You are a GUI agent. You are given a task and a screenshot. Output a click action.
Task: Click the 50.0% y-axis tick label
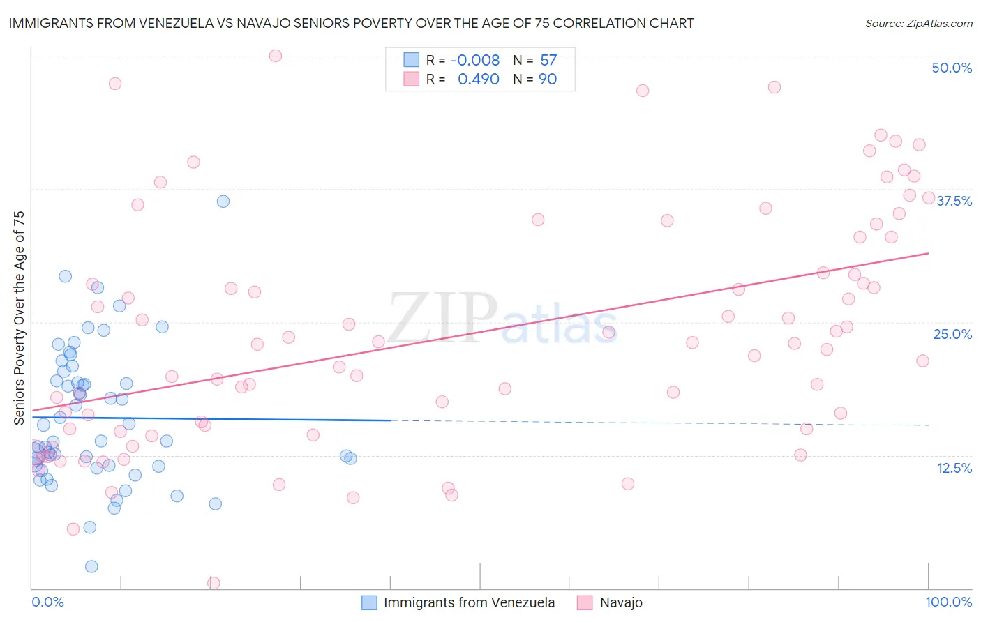click(952, 68)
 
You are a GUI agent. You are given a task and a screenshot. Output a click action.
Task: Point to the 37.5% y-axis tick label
click(954, 201)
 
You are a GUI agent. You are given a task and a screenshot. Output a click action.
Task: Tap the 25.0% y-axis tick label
click(952, 334)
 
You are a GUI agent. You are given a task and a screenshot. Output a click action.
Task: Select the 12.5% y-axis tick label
click(954, 468)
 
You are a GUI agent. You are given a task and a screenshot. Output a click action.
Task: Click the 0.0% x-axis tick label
click(47, 602)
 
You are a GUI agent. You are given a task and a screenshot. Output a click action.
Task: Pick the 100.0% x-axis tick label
click(948, 602)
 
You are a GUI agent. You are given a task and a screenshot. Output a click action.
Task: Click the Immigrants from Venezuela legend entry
click(469, 602)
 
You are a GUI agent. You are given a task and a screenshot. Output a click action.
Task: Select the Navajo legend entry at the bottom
click(620, 602)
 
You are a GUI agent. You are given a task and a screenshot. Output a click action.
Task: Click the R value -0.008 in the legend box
click(474, 61)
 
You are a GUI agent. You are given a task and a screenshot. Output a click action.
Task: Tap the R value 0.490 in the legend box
click(478, 79)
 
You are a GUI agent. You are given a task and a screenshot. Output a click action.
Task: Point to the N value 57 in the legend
click(548, 61)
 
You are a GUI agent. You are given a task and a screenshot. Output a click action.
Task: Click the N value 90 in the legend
click(548, 79)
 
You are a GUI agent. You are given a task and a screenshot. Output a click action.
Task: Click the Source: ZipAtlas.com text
click(918, 24)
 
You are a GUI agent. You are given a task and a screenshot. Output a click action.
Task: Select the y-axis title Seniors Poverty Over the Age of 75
click(20, 317)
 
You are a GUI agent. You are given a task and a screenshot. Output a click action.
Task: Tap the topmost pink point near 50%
click(276, 56)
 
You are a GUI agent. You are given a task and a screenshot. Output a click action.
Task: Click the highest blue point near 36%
click(223, 202)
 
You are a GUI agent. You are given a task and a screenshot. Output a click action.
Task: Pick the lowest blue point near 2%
click(91, 566)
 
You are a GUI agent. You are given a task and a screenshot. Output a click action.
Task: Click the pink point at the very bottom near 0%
click(214, 583)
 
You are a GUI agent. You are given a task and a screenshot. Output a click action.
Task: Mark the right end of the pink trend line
click(929, 253)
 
